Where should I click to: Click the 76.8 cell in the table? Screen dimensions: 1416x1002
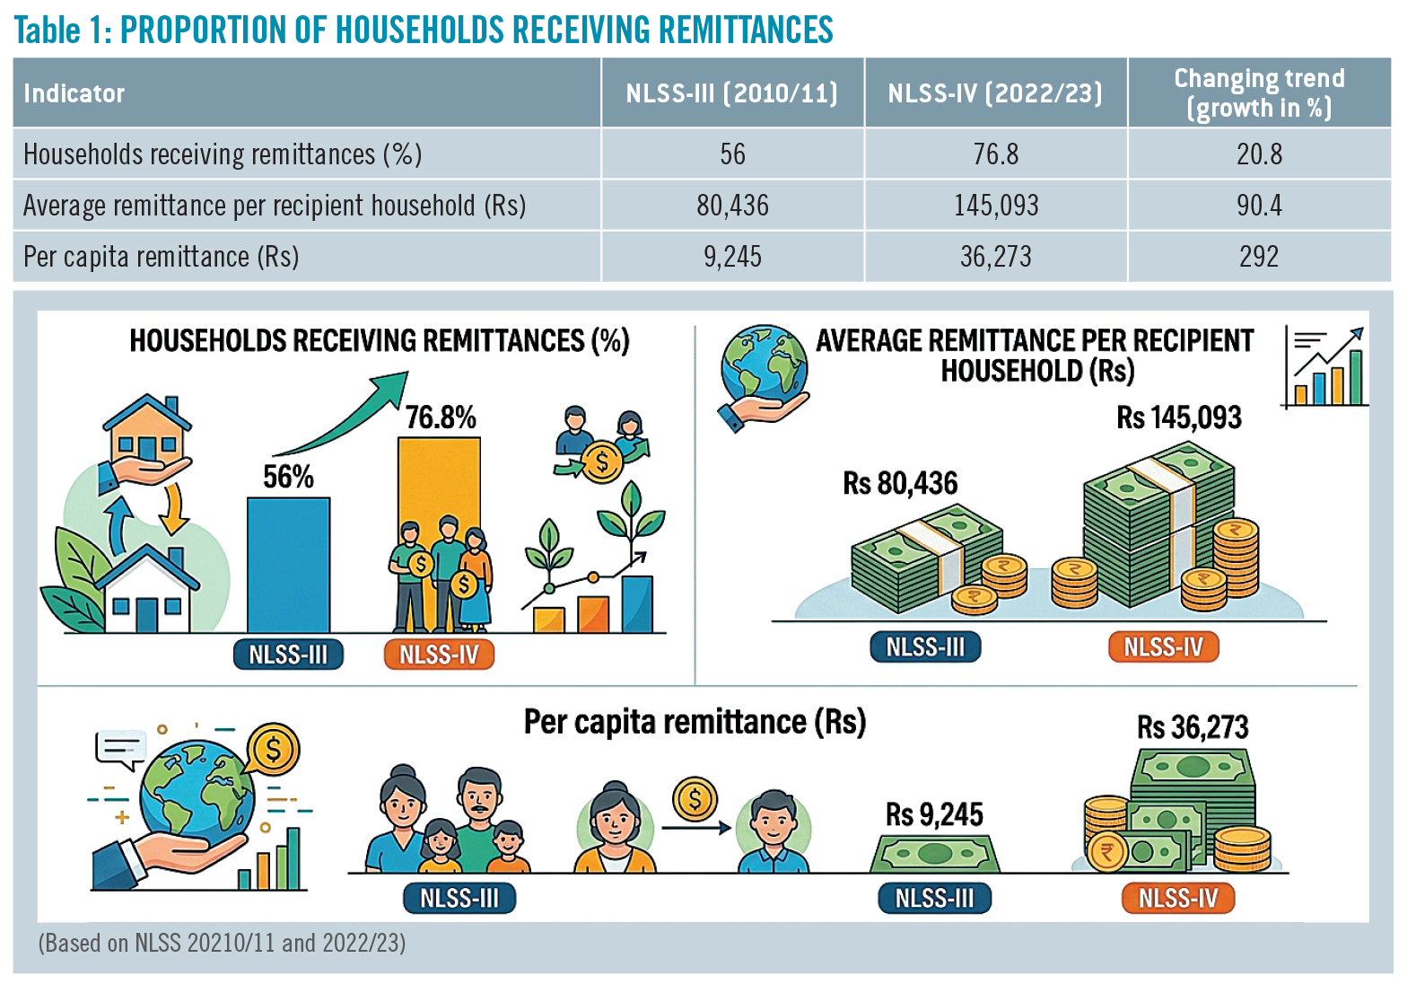[996, 154]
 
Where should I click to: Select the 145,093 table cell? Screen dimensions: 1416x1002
[996, 206]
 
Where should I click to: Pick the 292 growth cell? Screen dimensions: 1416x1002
[1259, 257]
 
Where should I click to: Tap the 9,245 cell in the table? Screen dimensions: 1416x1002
[732, 257]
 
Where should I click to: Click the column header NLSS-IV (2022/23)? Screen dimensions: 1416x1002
[995, 93]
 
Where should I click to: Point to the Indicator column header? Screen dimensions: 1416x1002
[74, 93]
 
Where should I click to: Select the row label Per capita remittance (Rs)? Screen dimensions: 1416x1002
[162, 257]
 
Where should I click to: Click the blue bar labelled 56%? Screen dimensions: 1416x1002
[288, 565]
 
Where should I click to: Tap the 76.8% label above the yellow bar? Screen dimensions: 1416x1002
[440, 417]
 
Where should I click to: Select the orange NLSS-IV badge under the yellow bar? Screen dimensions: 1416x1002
[440, 655]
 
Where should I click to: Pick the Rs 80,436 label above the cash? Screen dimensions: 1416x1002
[900, 483]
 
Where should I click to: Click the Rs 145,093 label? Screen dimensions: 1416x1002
[1179, 417]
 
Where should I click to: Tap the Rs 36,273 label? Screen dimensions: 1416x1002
[1193, 727]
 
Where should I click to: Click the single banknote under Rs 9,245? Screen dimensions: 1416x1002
[934, 854]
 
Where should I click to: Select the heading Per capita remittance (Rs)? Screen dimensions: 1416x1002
[695, 723]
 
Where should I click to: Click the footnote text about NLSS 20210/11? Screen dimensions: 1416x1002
[222, 943]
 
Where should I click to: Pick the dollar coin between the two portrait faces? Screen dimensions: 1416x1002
[695, 799]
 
